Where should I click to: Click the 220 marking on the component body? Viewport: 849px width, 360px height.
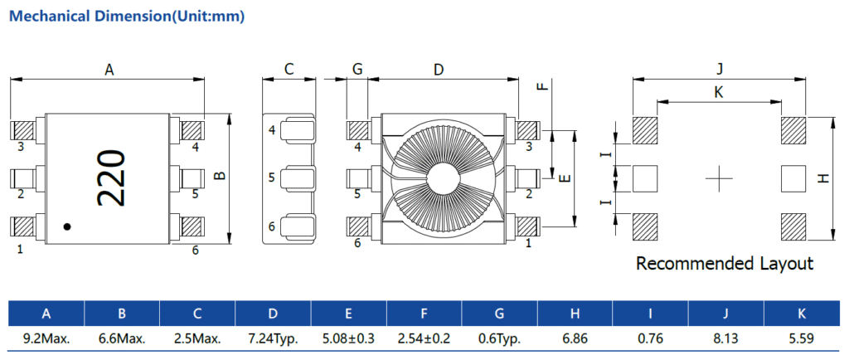click(110, 178)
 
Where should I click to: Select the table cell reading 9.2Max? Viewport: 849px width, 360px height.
click(46, 338)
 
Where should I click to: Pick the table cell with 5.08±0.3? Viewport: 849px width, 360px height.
click(349, 338)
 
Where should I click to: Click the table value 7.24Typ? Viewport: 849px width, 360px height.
click(274, 338)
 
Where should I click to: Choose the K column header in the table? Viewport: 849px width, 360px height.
click(802, 314)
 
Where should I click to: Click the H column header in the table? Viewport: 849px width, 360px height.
click(575, 314)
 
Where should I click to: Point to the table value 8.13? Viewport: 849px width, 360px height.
click(726, 338)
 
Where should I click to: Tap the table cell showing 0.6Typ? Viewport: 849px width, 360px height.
click(500, 338)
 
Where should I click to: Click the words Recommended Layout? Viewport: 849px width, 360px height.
click(724, 264)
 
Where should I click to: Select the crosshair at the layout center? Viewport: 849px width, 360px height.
click(719, 177)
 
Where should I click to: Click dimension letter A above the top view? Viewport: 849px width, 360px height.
click(109, 71)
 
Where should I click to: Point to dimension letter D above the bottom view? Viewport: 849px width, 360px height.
click(439, 71)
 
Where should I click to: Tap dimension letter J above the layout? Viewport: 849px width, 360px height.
click(720, 69)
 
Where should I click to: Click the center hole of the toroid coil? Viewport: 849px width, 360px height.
click(442, 177)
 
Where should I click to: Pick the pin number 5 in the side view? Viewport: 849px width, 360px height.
click(271, 178)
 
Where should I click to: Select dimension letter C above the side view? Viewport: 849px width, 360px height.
click(289, 70)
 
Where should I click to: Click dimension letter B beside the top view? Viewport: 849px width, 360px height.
click(219, 176)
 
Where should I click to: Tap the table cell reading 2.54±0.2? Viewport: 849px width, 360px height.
click(424, 338)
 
